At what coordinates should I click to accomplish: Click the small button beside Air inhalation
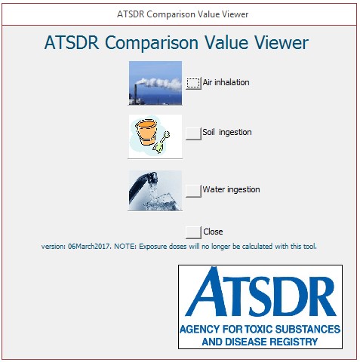tap(193, 83)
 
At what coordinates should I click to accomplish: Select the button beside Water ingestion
tap(193, 190)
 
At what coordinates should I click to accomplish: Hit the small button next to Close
tap(193, 232)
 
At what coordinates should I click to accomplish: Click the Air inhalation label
tap(226, 83)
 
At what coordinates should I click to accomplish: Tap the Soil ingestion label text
tap(226, 133)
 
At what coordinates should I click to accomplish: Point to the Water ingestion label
tap(231, 190)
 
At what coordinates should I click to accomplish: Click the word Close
tap(213, 232)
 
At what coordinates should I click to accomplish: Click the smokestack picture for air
tap(155, 83)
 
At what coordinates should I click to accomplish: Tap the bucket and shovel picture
tap(155, 136)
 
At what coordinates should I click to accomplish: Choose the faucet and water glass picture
tap(155, 190)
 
